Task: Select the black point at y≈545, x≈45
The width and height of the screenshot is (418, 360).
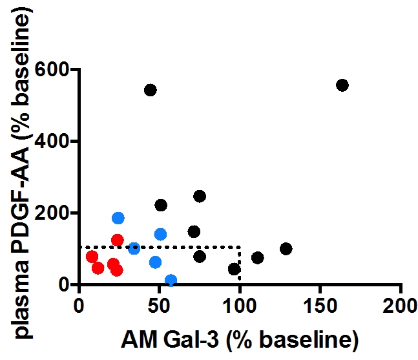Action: click(x=151, y=90)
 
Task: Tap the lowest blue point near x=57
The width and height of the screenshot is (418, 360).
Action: click(x=171, y=281)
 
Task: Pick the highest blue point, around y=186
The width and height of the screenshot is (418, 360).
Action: click(x=118, y=218)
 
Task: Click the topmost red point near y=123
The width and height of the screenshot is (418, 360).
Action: click(x=117, y=240)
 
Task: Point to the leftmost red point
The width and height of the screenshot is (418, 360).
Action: click(x=92, y=257)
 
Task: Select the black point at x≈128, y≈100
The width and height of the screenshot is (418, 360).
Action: click(x=286, y=249)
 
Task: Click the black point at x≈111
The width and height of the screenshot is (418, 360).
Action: click(x=257, y=258)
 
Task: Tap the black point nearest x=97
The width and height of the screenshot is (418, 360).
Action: click(x=235, y=269)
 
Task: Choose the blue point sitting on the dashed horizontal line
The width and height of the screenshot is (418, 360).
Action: click(x=134, y=248)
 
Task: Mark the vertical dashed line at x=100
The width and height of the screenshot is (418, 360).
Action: click(x=240, y=265)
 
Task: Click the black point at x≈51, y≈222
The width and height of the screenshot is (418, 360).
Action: click(x=161, y=205)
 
